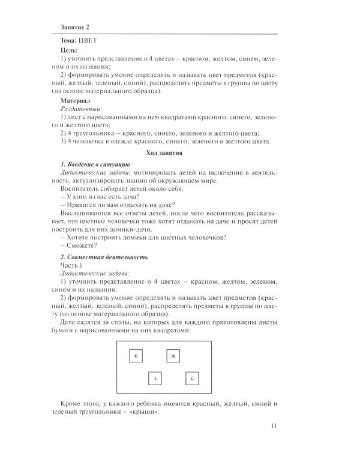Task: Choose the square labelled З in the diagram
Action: tap(155, 379)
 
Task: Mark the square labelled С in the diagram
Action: tap(191, 379)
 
